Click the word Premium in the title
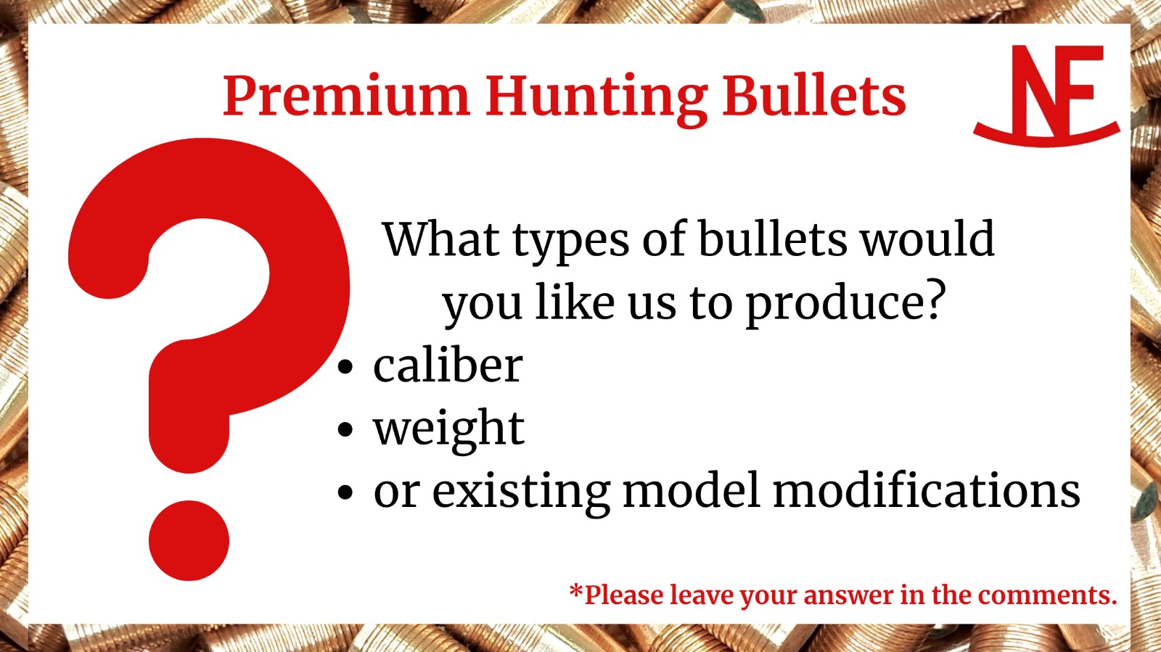tap(346, 95)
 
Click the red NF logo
tap(1046, 96)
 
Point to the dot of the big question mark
tap(189, 540)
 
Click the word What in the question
tap(441, 239)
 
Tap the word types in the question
tap(570, 244)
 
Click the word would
tap(928, 239)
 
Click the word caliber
tap(448, 365)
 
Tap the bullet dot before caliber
tap(345, 367)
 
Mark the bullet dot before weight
tap(345, 429)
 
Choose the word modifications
tap(927, 490)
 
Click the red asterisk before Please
tap(575, 591)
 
